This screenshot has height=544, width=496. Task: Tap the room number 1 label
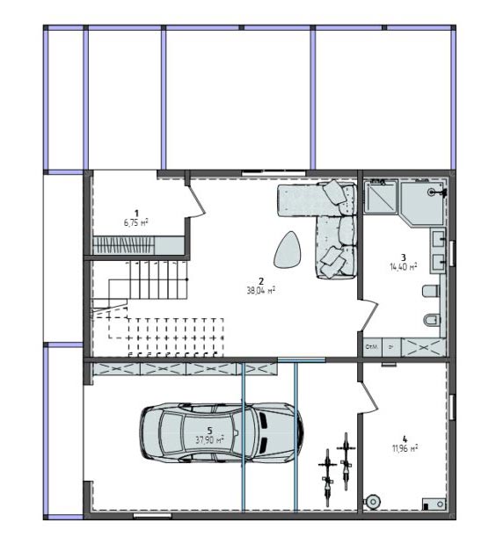136,212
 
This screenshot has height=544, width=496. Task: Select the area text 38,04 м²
261,288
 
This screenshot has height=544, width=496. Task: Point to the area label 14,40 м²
403,266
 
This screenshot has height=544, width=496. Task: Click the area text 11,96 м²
405,447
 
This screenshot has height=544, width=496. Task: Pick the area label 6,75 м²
136,222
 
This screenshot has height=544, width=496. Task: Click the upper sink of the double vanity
438,238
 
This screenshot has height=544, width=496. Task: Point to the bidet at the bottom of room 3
429,322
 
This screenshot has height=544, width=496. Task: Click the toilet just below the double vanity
431,291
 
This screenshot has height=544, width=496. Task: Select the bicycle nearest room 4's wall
346,461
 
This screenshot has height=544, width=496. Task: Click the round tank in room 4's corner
373,500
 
